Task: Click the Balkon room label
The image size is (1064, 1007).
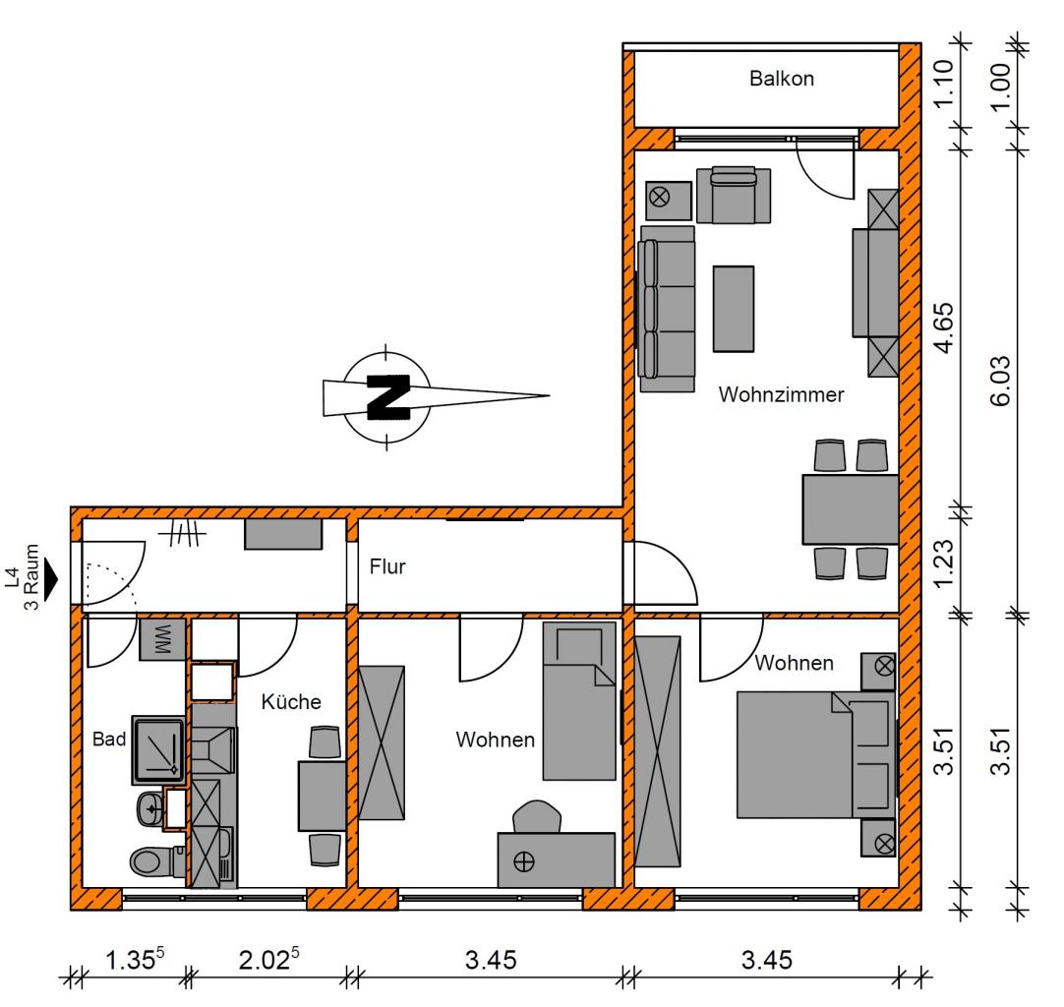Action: click(x=782, y=79)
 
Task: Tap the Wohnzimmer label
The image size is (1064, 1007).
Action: click(x=781, y=394)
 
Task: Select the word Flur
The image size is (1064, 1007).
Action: click(x=387, y=565)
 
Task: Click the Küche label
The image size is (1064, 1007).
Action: click(x=291, y=701)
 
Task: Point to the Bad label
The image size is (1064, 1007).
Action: click(x=109, y=739)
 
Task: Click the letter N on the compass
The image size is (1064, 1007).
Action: click(x=388, y=397)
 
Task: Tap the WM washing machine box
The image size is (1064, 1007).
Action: click(x=163, y=639)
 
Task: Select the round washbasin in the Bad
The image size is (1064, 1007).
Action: click(x=150, y=809)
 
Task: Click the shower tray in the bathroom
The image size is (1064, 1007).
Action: click(x=158, y=749)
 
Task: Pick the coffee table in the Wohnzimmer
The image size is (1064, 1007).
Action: click(x=733, y=309)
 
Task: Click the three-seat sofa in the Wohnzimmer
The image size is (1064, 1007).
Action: click(x=667, y=309)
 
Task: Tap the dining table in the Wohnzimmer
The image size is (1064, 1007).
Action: click(x=851, y=509)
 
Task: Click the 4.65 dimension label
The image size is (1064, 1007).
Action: click(x=944, y=327)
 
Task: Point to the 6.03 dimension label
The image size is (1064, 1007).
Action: click(x=1000, y=381)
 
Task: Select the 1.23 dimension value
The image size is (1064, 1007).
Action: click(x=944, y=563)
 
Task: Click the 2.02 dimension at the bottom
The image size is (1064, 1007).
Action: click(x=268, y=959)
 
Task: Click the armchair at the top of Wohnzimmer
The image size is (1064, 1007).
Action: click(x=734, y=195)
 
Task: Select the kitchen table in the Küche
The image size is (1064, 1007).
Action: click(x=323, y=796)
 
